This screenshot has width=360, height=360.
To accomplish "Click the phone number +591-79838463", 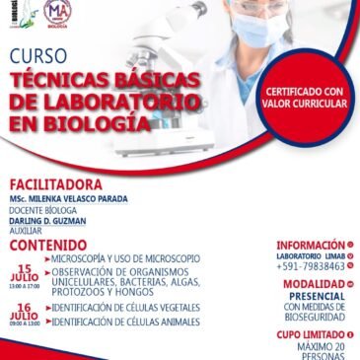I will [311, 266].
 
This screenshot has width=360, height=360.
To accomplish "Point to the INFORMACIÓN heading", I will [310, 245].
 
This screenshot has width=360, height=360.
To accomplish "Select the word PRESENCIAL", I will [318, 295].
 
